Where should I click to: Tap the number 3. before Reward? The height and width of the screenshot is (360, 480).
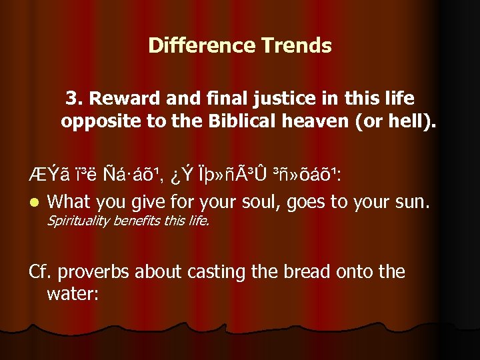tap(74, 99)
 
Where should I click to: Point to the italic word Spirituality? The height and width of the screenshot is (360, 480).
tap(78, 221)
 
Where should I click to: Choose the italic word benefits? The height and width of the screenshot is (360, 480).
tap(135, 221)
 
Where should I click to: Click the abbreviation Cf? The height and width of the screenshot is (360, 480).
tap(41, 271)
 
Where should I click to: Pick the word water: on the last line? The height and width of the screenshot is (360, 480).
tap(73, 293)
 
